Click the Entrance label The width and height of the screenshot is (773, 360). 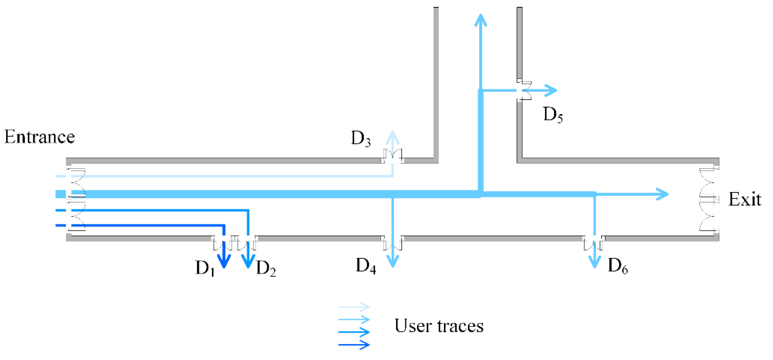pyautogui.click(x=39, y=137)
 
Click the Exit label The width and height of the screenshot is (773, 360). pyautogui.click(x=744, y=199)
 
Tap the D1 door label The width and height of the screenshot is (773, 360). pyautogui.click(x=205, y=268)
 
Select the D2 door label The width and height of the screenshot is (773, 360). pyautogui.click(x=266, y=268)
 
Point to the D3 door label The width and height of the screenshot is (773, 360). pyautogui.click(x=361, y=139)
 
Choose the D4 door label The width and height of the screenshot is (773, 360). pyautogui.click(x=366, y=266)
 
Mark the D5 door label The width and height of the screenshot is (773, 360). pyautogui.click(x=553, y=115)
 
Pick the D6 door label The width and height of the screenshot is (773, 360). pyautogui.click(x=618, y=266)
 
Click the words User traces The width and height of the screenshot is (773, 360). pyautogui.click(x=439, y=326)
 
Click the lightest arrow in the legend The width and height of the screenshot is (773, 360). pyautogui.click(x=354, y=307)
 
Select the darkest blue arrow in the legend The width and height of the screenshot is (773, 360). pyautogui.click(x=354, y=345)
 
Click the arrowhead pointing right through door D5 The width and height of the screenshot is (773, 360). pyautogui.click(x=551, y=90)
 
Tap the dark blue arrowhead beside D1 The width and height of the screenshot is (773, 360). pyautogui.click(x=224, y=261)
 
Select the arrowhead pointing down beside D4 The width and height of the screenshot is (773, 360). pyautogui.click(x=392, y=261)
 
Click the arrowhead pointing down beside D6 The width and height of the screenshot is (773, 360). pyautogui.click(x=595, y=262)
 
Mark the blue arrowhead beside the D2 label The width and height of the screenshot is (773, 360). pyautogui.click(x=248, y=261)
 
